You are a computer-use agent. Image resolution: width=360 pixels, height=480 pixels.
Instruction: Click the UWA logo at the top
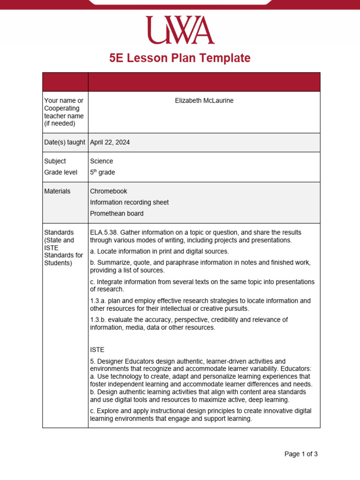[x=180, y=30]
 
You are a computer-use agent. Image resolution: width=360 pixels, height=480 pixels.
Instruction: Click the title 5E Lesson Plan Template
[x=180, y=58]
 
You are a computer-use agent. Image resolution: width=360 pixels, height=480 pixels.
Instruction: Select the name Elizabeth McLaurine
[x=204, y=101]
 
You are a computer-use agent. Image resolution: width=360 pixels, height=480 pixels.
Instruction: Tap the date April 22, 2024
[x=110, y=142]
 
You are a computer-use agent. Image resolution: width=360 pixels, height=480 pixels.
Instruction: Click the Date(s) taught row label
[x=65, y=142]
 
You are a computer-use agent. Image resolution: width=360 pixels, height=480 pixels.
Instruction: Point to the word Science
[x=102, y=161]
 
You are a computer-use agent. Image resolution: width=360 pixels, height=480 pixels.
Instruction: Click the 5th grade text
[x=102, y=172]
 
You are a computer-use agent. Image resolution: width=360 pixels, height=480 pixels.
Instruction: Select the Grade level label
[x=60, y=172]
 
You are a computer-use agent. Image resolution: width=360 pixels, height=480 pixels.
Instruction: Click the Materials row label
[x=57, y=191]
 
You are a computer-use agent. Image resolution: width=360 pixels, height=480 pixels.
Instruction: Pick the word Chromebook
[x=108, y=191]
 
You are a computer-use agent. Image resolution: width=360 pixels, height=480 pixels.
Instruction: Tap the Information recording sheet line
[x=129, y=202]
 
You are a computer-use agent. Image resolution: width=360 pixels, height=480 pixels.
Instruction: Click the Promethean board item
[x=117, y=214]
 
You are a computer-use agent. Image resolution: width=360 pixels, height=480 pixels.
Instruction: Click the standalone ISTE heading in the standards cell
[x=97, y=350]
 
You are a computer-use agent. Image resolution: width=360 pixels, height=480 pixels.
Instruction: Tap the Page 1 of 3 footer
[x=301, y=454]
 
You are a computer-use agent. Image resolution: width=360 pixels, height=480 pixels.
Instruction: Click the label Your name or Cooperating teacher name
[x=64, y=112]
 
